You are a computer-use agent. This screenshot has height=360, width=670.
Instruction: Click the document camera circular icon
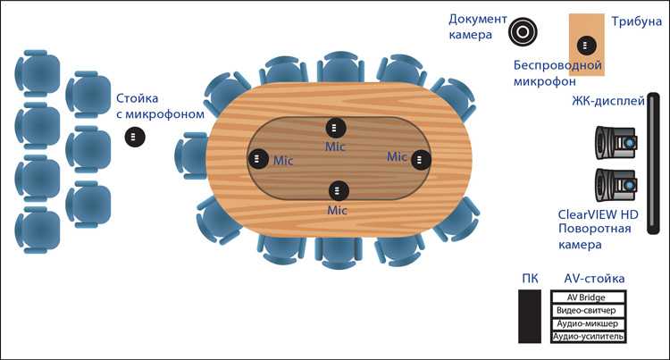(x=523, y=31)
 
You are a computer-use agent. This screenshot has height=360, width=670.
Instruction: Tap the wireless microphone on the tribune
(x=587, y=46)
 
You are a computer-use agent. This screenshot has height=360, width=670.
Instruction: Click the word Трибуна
(x=636, y=21)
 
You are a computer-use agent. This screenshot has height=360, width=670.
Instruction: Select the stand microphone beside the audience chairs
(x=135, y=137)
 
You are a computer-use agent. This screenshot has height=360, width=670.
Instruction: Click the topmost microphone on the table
(x=336, y=127)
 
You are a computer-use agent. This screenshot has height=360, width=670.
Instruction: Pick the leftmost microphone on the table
(x=258, y=158)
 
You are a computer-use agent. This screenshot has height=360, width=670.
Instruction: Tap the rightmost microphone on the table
(x=421, y=159)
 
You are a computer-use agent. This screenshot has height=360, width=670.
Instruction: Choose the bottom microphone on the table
(x=339, y=190)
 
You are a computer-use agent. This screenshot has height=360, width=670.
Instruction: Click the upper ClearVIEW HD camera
(x=616, y=143)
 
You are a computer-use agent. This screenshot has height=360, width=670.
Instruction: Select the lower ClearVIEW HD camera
(x=616, y=185)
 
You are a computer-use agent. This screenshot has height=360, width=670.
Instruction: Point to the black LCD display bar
(x=653, y=163)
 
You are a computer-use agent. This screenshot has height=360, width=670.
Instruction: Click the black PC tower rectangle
(x=530, y=316)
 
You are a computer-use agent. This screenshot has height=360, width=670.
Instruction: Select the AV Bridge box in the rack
(x=589, y=297)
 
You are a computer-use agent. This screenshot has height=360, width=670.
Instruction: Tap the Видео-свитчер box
(x=589, y=311)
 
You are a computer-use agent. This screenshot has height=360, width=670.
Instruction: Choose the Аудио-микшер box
(x=589, y=323)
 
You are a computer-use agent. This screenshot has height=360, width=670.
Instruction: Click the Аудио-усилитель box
(x=589, y=337)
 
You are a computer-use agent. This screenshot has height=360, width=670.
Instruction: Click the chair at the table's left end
(x=191, y=155)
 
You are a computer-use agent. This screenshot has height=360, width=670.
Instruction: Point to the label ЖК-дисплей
(x=608, y=101)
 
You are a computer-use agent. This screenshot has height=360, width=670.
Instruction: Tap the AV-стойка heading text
(x=594, y=279)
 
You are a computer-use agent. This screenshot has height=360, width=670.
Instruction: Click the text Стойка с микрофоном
(x=160, y=106)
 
